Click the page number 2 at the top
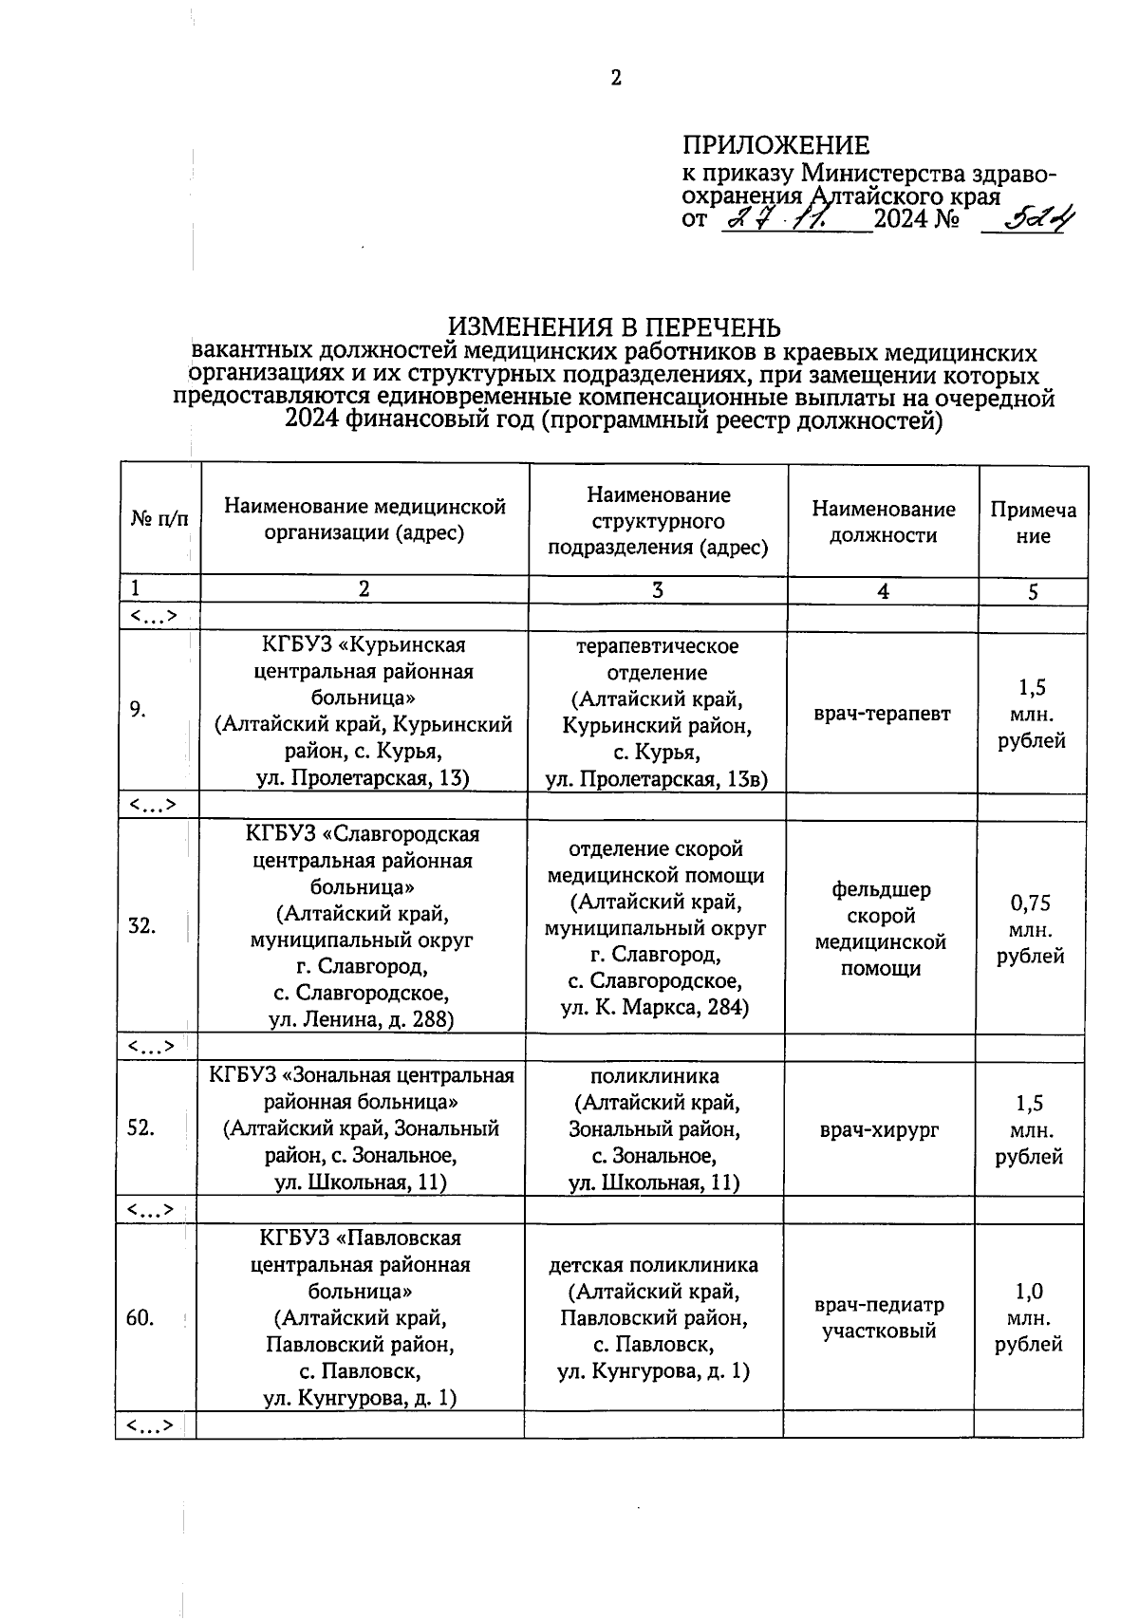[x=616, y=79]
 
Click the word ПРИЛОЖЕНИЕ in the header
[x=775, y=145]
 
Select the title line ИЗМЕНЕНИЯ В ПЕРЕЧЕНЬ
[x=614, y=327]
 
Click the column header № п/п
[x=159, y=519]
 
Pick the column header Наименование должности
[x=883, y=522]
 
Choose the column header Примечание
[x=1033, y=523]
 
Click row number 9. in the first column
[x=139, y=710]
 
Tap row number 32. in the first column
[x=141, y=925]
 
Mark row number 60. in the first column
[x=140, y=1317]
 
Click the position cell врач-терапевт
[x=882, y=714]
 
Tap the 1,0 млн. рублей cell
[x=1029, y=1317]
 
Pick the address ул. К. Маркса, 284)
[x=655, y=1007]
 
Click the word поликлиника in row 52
[x=655, y=1076]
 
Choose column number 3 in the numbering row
[x=657, y=589]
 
